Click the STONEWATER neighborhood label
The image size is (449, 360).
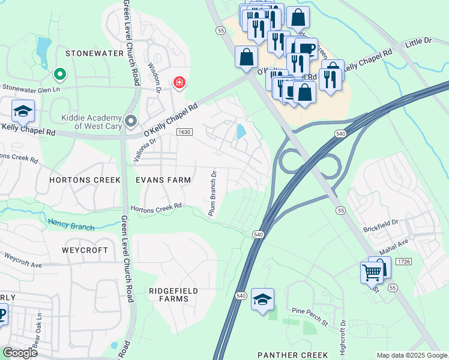94,53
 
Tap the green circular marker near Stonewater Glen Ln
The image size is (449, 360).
59,74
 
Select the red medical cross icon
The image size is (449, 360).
179,83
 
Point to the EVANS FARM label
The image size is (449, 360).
163,179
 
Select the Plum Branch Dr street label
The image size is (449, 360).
212,193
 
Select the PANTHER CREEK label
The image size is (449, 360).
293,355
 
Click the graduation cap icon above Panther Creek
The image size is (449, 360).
262,299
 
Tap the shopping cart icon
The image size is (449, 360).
372,272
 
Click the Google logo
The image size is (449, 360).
20,353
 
